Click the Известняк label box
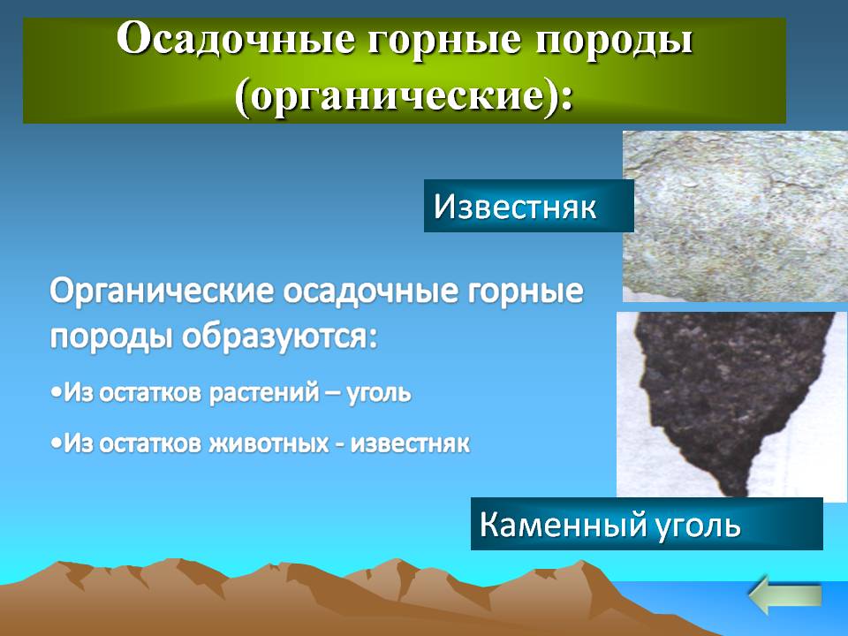(x=528, y=206)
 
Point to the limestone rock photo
(x=735, y=216)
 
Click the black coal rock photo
(x=731, y=404)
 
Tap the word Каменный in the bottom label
(x=563, y=524)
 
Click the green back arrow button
(x=785, y=594)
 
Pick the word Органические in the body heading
(x=162, y=292)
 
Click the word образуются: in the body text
(x=278, y=337)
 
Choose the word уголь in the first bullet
(x=379, y=393)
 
